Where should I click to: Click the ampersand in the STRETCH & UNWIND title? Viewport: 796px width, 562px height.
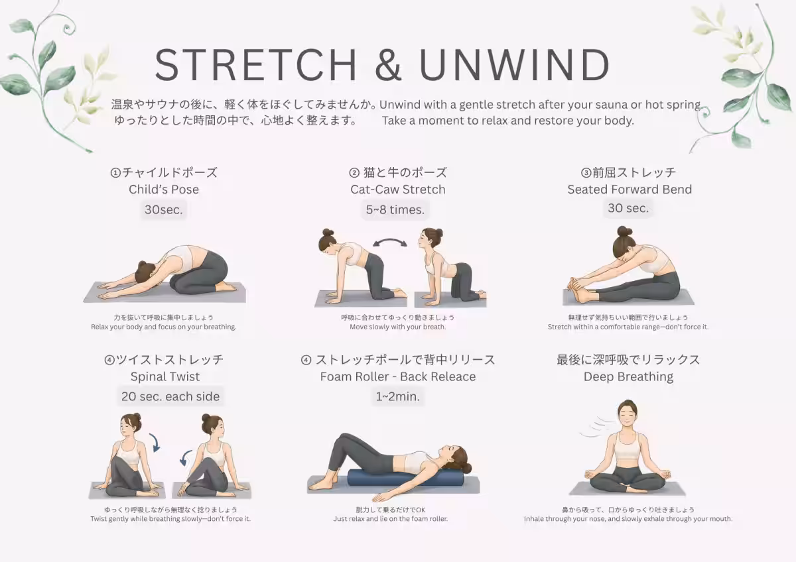[388, 65]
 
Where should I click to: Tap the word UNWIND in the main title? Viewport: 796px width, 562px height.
[514, 65]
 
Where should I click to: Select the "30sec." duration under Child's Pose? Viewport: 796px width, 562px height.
[163, 209]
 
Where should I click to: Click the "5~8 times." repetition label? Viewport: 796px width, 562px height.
[395, 209]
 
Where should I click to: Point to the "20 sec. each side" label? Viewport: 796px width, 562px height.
[170, 396]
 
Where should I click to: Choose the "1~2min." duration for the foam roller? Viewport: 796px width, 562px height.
[397, 396]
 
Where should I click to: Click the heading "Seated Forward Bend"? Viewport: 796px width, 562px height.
[630, 190]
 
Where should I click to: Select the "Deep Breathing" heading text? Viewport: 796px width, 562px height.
[628, 376]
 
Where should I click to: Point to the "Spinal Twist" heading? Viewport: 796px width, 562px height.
[165, 376]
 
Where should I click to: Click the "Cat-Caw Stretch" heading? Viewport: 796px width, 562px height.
[397, 190]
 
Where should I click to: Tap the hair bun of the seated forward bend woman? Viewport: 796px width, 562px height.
[624, 231]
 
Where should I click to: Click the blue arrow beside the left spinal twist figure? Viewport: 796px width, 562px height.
[155, 442]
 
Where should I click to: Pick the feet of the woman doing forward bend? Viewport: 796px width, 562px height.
[578, 290]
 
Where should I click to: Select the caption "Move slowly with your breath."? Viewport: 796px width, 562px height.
[397, 327]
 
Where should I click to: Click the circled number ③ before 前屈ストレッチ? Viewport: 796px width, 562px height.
[586, 173]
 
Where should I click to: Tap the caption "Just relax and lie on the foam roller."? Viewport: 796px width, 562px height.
[391, 519]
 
